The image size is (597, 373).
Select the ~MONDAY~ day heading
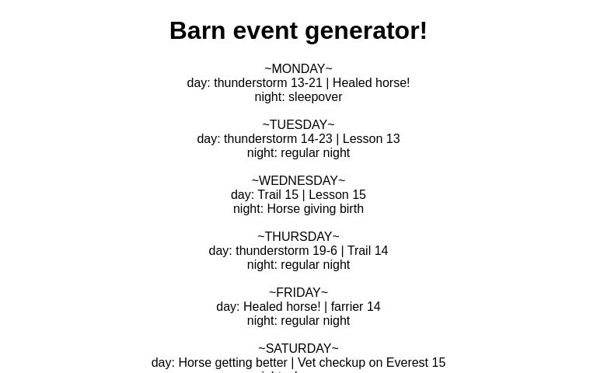(298, 69)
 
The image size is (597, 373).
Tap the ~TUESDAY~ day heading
(298, 125)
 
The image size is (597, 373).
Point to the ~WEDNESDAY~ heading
(298, 181)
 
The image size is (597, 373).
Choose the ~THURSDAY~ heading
(298, 237)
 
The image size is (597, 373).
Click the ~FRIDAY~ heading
(298, 293)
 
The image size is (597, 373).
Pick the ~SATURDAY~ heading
(298, 349)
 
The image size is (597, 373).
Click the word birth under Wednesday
(348, 209)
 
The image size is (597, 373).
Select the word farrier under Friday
(347, 307)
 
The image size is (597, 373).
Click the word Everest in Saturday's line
(405, 363)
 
